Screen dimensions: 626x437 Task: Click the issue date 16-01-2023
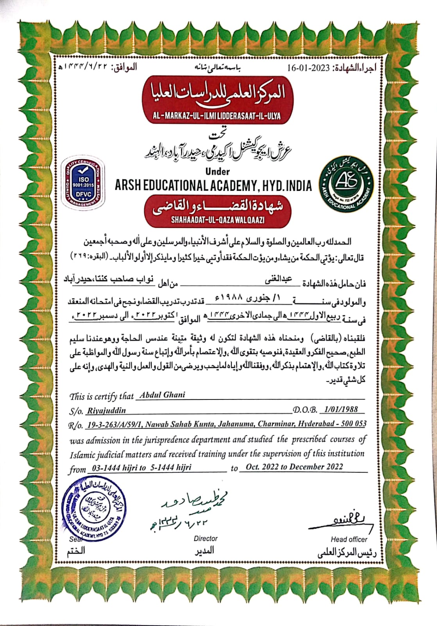(x=309, y=67)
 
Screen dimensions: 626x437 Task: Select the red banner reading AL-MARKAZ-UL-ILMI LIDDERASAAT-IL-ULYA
(x=217, y=116)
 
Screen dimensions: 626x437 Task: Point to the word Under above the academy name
(x=217, y=171)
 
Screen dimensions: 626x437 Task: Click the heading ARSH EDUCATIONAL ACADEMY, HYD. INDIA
(x=213, y=185)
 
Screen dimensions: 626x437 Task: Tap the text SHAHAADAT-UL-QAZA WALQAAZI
(x=217, y=220)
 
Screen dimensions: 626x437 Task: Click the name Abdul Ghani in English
(x=162, y=395)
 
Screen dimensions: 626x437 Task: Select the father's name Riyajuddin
(x=106, y=410)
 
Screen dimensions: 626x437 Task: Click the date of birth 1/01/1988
(x=341, y=409)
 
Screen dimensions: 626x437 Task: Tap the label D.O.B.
(x=305, y=410)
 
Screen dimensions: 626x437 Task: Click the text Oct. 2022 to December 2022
(x=294, y=467)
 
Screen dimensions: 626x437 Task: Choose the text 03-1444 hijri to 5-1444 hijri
(x=141, y=468)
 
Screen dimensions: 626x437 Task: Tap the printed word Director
(x=206, y=539)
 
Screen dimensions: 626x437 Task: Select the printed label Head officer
(x=349, y=539)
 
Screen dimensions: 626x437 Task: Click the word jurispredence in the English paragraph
(x=166, y=440)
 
